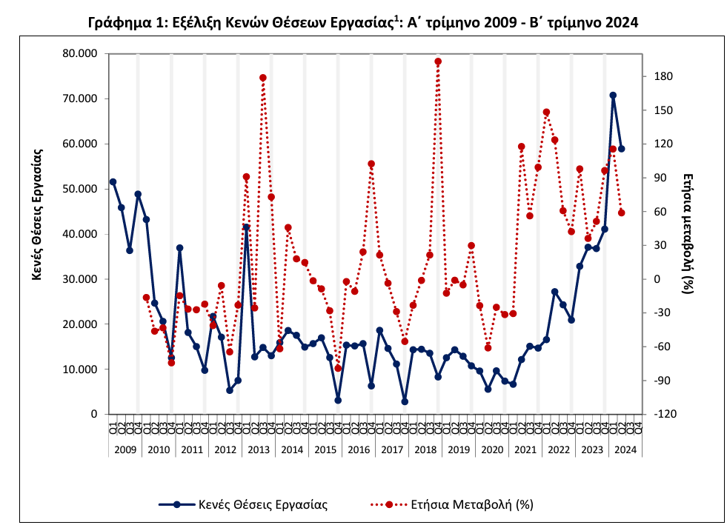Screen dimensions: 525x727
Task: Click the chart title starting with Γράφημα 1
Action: [x=363, y=23]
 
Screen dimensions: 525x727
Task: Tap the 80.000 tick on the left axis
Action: [x=78, y=53]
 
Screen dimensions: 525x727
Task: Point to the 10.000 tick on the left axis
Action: [x=78, y=369]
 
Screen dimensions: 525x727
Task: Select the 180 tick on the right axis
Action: [x=663, y=76]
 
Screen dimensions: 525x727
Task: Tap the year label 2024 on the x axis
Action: [x=625, y=449]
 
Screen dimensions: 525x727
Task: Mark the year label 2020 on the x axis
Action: [x=491, y=449]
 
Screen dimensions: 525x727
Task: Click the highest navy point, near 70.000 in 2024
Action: [x=613, y=96]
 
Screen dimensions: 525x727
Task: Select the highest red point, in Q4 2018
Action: [x=438, y=61]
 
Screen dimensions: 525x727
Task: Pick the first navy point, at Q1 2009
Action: [x=113, y=181]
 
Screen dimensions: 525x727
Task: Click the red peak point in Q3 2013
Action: [x=263, y=78]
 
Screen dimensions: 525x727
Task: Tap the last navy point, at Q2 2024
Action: [x=621, y=149]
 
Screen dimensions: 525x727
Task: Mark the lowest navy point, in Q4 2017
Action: [x=405, y=401]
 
